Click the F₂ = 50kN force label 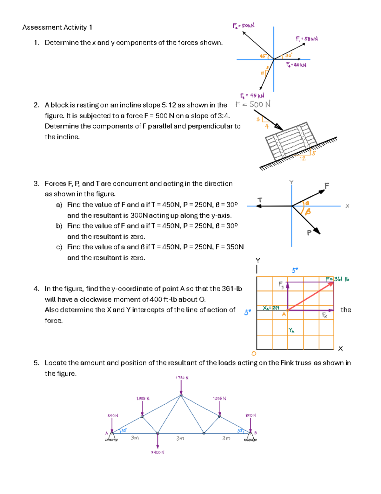tap(244, 25)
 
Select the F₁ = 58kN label tap(307, 39)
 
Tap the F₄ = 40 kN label tap(296, 65)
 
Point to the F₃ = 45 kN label tap(252, 95)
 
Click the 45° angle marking tap(263, 56)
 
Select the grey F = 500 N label tap(253, 104)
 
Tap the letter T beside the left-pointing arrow tap(260, 200)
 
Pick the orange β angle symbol tap(308, 212)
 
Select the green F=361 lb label tap(338, 279)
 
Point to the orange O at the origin tap(254, 353)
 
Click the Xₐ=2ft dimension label tap(271, 308)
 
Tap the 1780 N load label tap(182, 378)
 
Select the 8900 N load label tap(157, 452)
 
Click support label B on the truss tap(256, 433)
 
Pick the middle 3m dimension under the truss tap(180, 438)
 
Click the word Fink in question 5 tap(287, 363)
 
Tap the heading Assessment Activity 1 tap(57, 27)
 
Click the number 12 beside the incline tap(303, 158)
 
